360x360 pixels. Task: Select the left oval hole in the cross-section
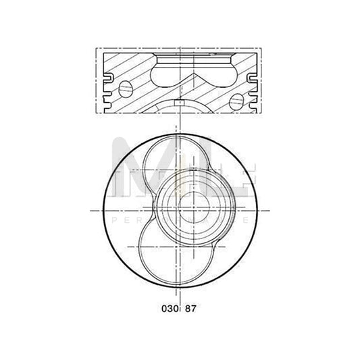[126, 88]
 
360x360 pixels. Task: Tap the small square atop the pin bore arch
[180, 102]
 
